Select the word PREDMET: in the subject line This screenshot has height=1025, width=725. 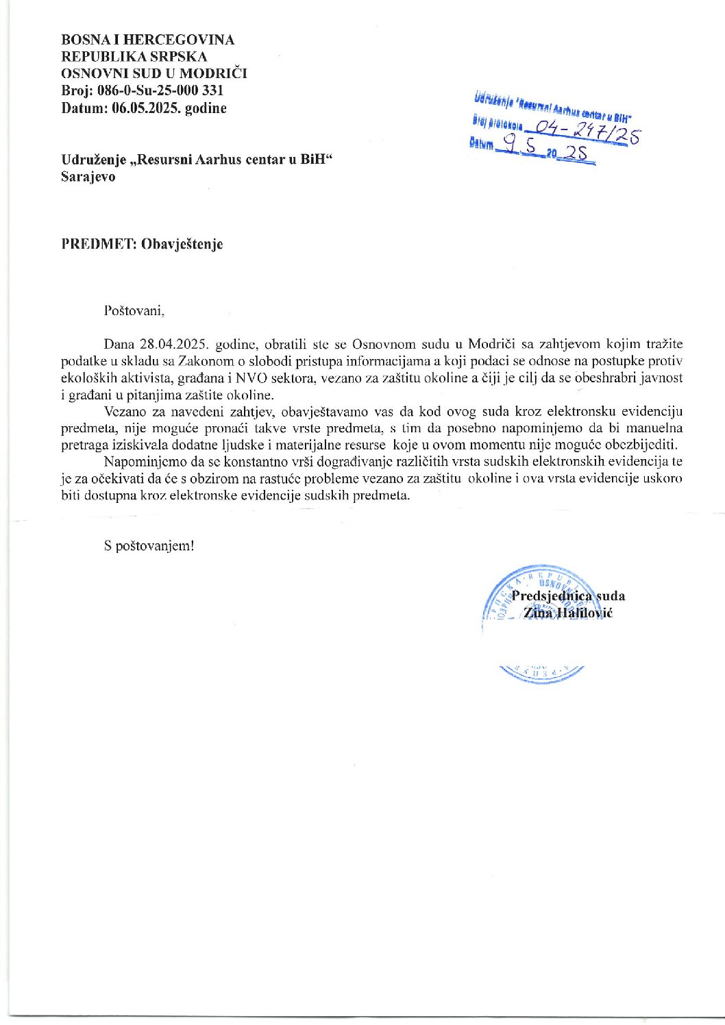98,244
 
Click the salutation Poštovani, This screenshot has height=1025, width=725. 134,310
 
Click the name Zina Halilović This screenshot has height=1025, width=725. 568,613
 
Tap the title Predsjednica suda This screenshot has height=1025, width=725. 568,596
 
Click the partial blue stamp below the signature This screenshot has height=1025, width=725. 541,672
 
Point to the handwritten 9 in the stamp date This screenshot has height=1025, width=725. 509,143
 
